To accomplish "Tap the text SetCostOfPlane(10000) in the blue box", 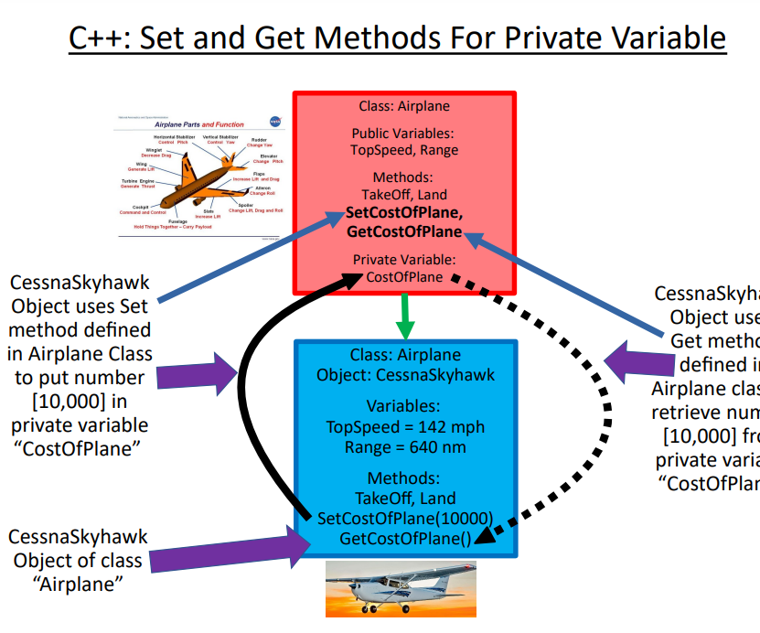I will (x=405, y=518).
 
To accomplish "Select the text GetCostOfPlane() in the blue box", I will (x=405, y=538).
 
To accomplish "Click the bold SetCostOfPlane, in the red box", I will (x=404, y=213).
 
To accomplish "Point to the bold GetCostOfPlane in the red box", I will (x=404, y=232).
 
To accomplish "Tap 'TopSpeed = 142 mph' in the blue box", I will (x=405, y=427).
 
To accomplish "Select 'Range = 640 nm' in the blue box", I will (x=405, y=447).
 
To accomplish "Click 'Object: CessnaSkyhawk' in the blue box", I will (x=405, y=375).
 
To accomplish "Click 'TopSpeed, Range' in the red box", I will (x=404, y=149).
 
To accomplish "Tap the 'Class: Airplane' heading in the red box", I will (x=404, y=106).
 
